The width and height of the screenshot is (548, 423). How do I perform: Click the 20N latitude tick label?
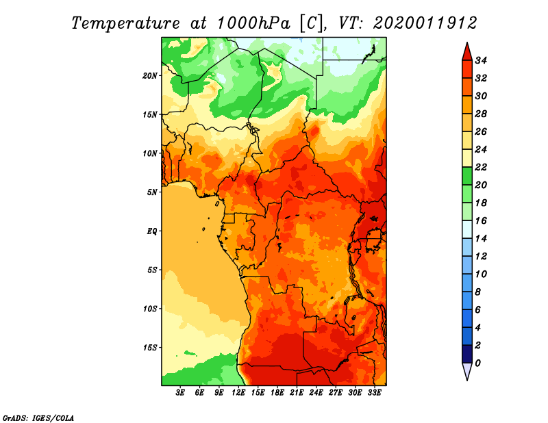[x=150, y=76]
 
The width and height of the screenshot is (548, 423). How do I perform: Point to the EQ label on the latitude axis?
[x=152, y=231]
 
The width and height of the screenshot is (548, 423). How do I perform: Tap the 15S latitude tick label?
[x=150, y=348]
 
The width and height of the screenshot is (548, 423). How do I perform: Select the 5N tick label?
[x=152, y=192]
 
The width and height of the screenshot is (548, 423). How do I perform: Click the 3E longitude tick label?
[x=180, y=392]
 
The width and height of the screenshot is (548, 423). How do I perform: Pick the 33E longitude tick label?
[x=374, y=392]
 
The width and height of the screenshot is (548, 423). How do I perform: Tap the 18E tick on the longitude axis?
[x=277, y=392]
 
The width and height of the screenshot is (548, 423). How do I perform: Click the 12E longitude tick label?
[x=238, y=392]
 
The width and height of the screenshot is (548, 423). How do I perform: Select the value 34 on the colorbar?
[x=481, y=60]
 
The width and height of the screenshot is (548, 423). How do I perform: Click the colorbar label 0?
[x=477, y=363]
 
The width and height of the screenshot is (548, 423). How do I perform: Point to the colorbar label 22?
[x=481, y=167]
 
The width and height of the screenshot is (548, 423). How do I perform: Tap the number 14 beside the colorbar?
[x=481, y=239]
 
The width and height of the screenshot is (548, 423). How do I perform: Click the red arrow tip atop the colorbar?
[x=467, y=43]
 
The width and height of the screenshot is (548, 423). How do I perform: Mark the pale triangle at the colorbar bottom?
[x=467, y=372]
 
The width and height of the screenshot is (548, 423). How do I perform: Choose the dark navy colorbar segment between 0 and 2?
[x=467, y=354]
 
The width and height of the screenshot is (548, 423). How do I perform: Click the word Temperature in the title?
[x=126, y=23]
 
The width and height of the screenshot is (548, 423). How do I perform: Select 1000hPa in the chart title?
[x=253, y=23]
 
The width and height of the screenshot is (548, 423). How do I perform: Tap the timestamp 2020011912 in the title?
[x=425, y=23]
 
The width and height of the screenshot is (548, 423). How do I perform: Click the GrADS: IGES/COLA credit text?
[x=38, y=418]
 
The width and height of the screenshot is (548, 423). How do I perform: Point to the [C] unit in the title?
[x=311, y=23]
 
